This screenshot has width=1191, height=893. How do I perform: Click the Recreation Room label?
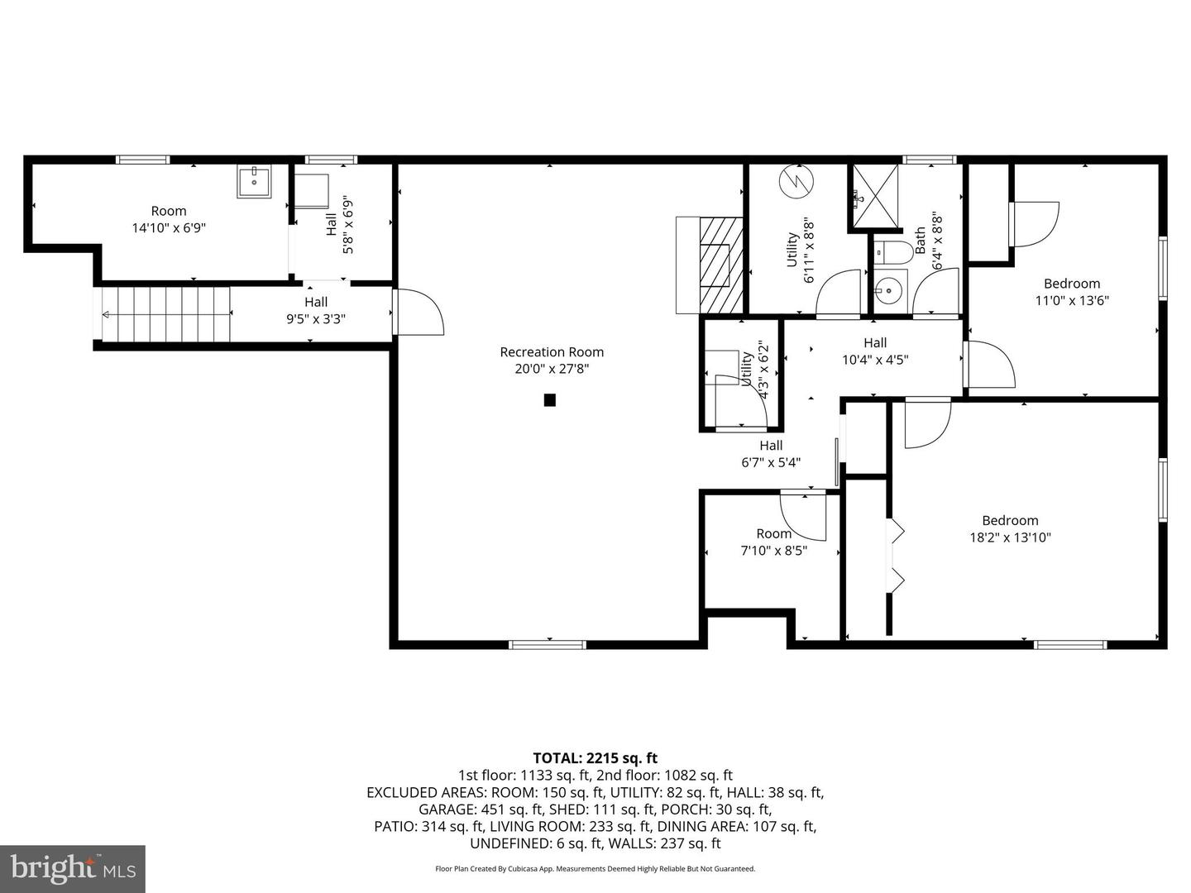click(552, 352)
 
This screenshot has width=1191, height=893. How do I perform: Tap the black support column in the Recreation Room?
click(549, 400)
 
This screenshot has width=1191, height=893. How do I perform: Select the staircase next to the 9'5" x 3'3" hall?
click(165, 313)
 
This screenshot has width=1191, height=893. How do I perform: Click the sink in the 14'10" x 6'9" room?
click(255, 181)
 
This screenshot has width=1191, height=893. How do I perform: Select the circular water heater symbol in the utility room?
click(795, 181)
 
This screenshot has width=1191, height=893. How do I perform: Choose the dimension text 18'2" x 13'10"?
click(1010, 537)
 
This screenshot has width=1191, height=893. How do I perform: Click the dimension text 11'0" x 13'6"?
click(1072, 301)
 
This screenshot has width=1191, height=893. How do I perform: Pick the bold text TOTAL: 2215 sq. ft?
click(595, 757)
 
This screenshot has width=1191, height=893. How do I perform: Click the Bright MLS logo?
click(73, 868)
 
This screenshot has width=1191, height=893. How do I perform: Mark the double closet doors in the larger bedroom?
click(896, 556)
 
